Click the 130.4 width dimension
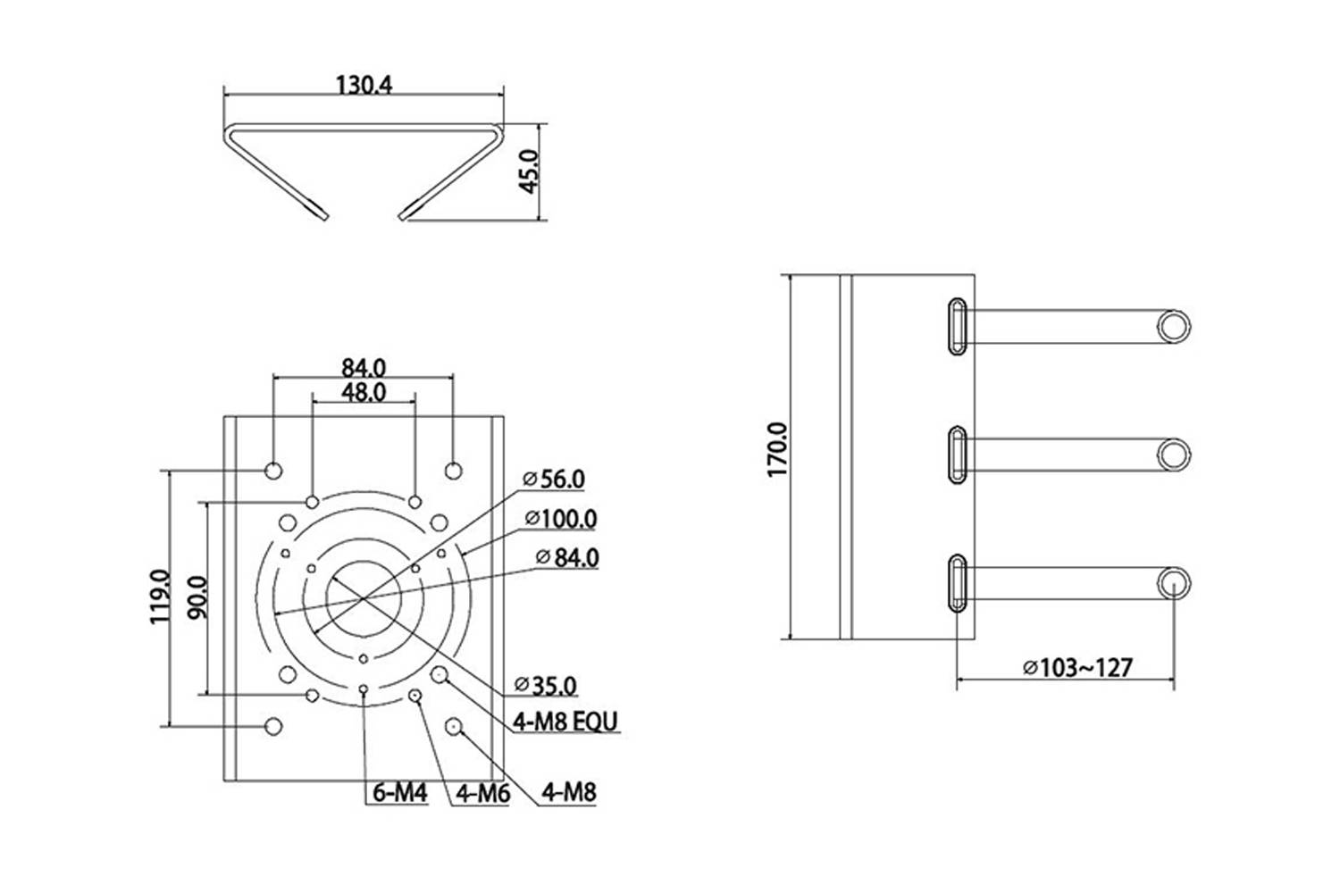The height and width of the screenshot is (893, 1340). click(x=364, y=85)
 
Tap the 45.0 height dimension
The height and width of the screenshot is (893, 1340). click(x=529, y=171)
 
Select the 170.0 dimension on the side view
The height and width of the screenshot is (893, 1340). click(x=777, y=450)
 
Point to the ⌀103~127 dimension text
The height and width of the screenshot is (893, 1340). click(x=1077, y=667)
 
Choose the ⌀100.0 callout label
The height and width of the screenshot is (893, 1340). click(x=560, y=519)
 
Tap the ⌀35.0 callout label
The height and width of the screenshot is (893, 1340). click(x=546, y=686)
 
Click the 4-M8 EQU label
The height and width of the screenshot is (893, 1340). click(x=565, y=722)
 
